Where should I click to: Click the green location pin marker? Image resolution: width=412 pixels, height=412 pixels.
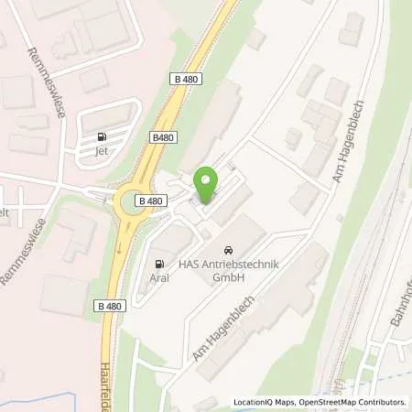pyautogui.click(x=206, y=186)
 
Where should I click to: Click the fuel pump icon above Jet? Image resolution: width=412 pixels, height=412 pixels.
pyautogui.click(x=101, y=138)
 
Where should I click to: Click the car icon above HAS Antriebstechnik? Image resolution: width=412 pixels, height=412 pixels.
pyautogui.click(x=227, y=250)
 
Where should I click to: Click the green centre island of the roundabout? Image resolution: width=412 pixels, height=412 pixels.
pyautogui.click(x=134, y=201)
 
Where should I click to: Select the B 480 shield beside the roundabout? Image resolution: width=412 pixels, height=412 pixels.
pyautogui.click(x=150, y=201)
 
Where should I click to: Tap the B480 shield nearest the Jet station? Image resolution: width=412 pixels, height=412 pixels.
pyautogui.click(x=164, y=137)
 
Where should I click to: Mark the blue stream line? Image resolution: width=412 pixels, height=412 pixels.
pyautogui.click(x=46, y=399)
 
